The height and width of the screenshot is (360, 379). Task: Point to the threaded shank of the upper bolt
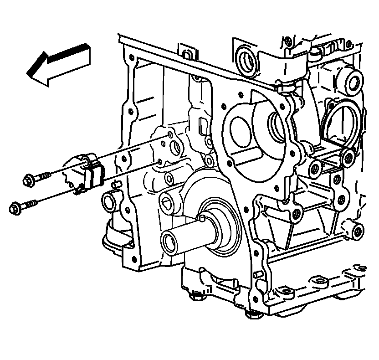44,175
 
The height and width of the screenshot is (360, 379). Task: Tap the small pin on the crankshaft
200,221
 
